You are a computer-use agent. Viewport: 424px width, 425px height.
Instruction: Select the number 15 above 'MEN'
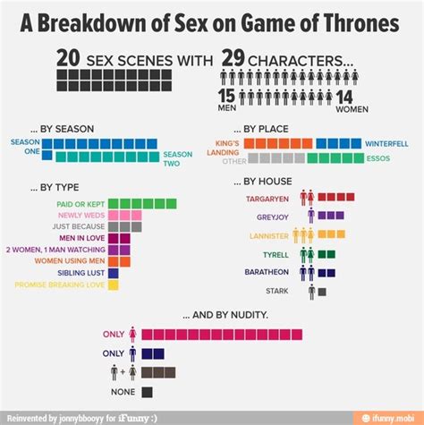coord(226,96)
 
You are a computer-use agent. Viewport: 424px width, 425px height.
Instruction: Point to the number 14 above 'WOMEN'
coord(345,96)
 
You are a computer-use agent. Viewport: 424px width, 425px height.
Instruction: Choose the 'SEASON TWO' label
coord(177,158)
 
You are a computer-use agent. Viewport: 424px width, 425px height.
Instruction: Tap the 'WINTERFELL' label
coord(386,143)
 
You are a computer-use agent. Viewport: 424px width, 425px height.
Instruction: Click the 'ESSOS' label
coord(377,158)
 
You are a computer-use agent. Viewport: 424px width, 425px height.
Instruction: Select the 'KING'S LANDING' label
coord(224,147)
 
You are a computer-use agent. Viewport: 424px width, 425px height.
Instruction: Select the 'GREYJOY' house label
coord(272,216)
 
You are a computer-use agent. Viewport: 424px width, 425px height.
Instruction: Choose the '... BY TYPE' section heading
coord(54,187)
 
